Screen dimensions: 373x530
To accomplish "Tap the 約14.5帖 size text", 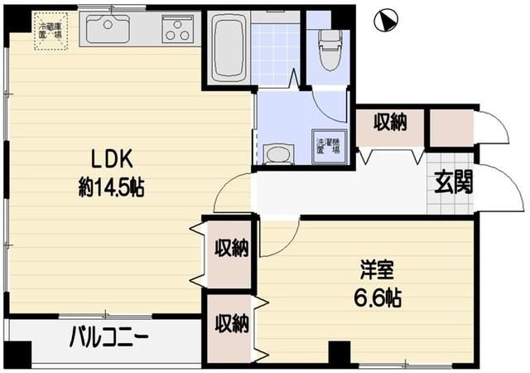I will pos(111,188).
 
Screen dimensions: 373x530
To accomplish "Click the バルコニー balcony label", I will pos(108,338).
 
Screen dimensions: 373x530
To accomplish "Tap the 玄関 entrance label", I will pos(452,182).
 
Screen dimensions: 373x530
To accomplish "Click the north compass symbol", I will pos(385,21).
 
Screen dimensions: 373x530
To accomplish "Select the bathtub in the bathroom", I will pos(226,48).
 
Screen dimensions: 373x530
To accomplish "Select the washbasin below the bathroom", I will pos(277,154).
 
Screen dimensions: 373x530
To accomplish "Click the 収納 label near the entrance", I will pos(389,124).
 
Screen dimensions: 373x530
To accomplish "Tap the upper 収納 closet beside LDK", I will pos(230,248).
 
